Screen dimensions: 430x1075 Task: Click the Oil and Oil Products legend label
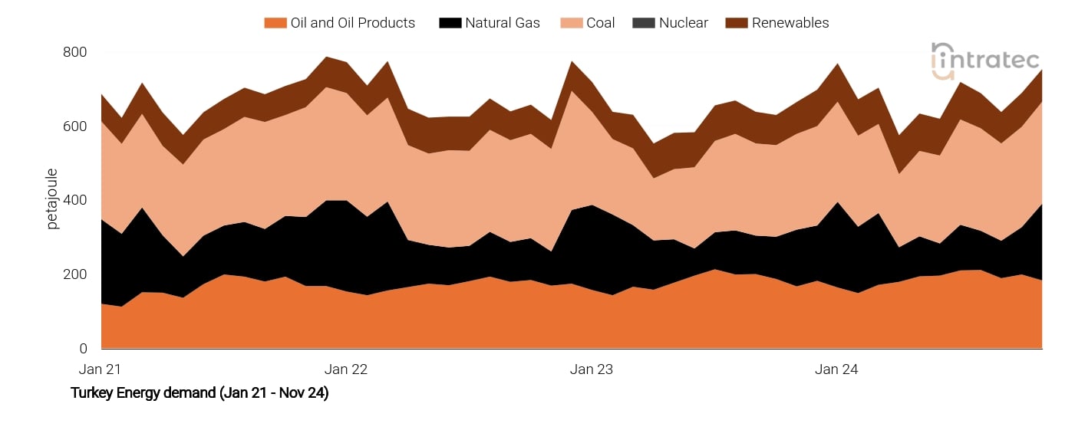(x=352, y=23)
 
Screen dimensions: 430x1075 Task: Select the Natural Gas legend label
(x=502, y=23)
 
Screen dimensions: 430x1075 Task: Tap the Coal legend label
(x=601, y=23)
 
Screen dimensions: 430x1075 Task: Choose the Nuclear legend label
(x=683, y=23)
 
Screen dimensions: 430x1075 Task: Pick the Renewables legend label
(x=790, y=23)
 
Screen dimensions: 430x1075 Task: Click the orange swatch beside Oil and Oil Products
(x=275, y=23)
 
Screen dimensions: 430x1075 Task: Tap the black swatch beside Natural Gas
(x=450, y=23)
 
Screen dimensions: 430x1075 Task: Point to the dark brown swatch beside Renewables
(x=736, y=23)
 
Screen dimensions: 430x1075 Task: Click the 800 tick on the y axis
(x=75, y=52)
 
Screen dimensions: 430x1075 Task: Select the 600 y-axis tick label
(x=75, y=126)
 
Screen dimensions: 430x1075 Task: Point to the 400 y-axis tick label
(x=75, y=200)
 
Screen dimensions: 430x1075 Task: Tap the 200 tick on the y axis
(x=75, y=274)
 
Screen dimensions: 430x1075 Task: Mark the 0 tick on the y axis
(x=83, y=349)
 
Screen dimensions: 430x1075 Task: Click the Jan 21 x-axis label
(x=101, y=369)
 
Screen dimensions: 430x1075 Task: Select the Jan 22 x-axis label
(x=346, y=369)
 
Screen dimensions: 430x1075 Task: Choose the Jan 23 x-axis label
(x=592, y=369)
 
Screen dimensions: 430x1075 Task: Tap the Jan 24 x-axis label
(x=836, y=369)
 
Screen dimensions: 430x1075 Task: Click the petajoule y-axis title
(x=52, y=199)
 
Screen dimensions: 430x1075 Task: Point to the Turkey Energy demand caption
(x=200, y=393)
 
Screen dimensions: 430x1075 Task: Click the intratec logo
(x=985, y=60)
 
